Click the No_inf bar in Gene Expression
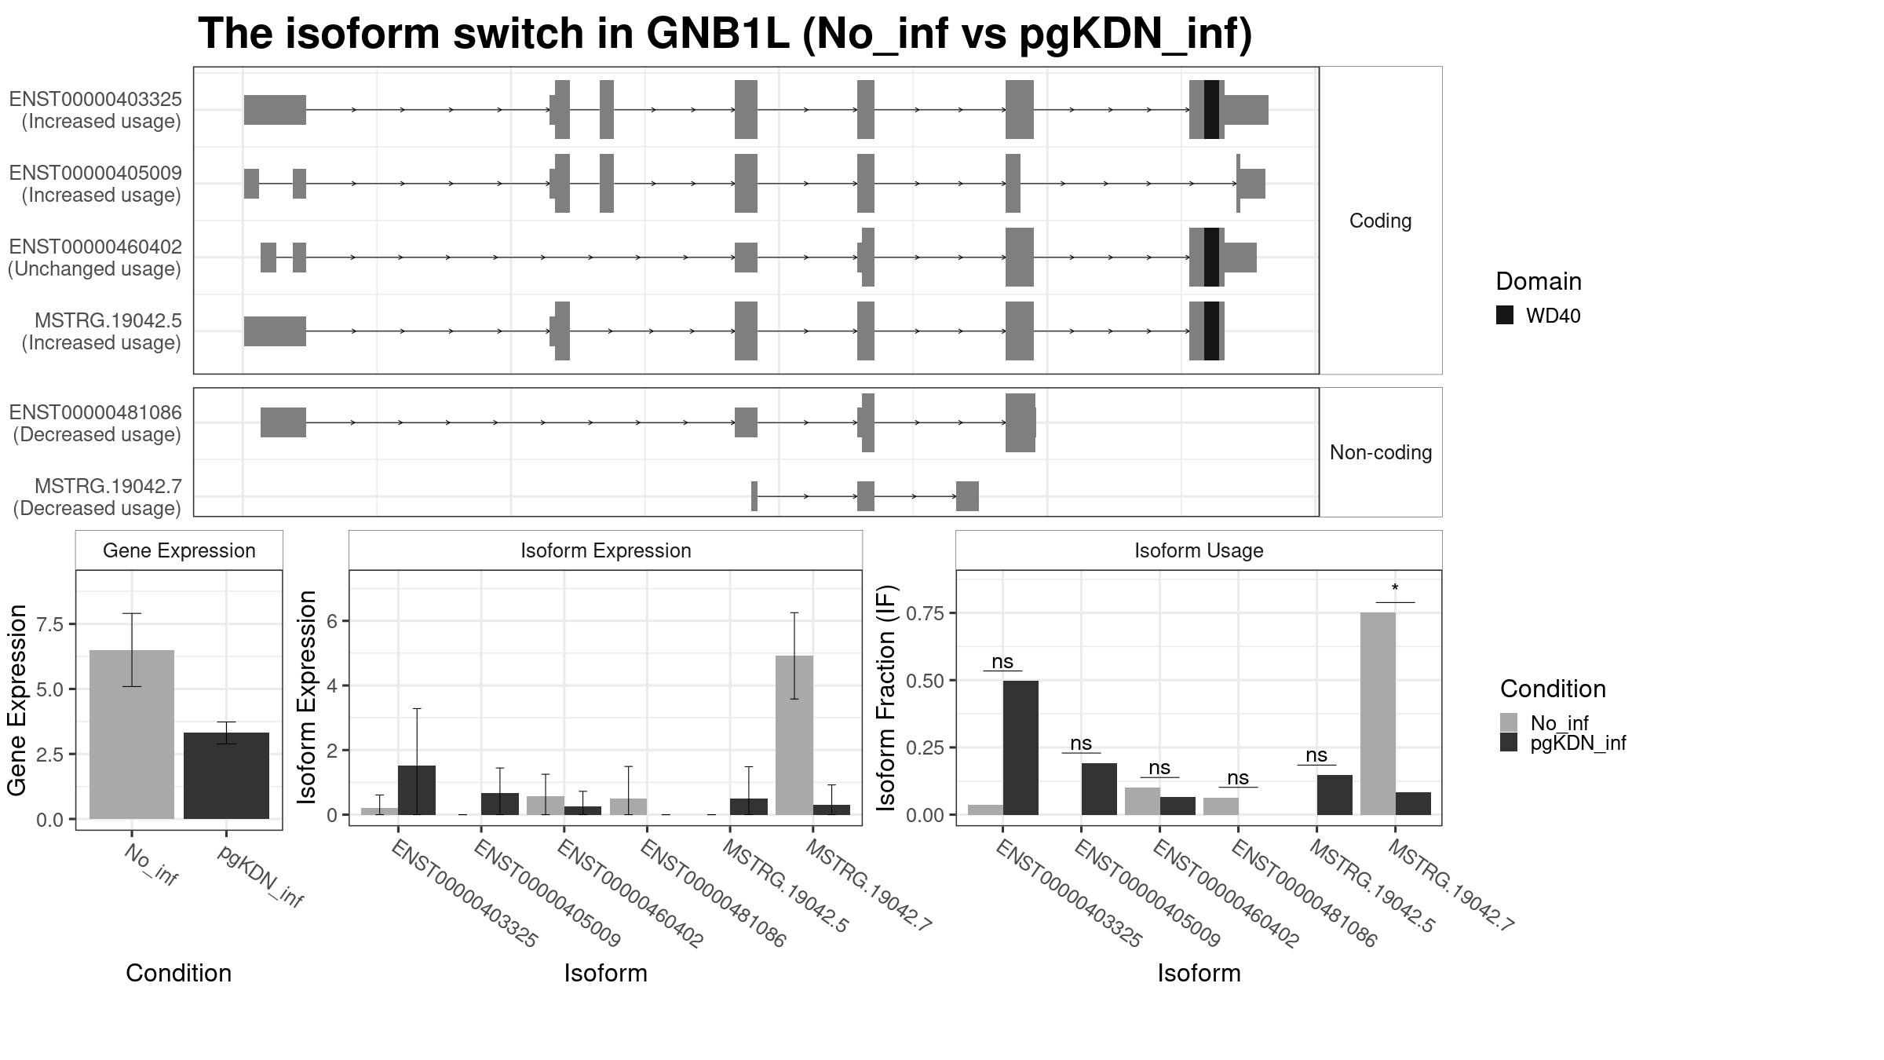point(132,734)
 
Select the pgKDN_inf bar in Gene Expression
point(226,776)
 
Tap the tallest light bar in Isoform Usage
point(1378,713)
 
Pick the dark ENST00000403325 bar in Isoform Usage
point(1020,747)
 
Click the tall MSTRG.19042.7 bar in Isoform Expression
point(794,735)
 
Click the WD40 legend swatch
point(1505,316)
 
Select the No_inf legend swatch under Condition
point(1509,722)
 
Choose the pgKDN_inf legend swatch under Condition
point(1509,743)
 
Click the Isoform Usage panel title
point(1199,550)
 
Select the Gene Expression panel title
point(179,550)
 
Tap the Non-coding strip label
point(1381,452)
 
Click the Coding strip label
point(1380,221)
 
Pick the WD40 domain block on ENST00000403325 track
point(1211,109)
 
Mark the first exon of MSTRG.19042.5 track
point(275,331)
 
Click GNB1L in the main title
point(717,34)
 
